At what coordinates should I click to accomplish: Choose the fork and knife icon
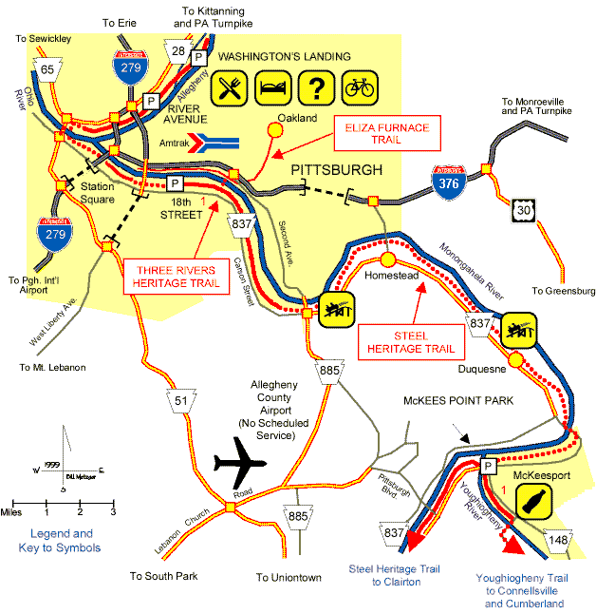click(x=226, y=88)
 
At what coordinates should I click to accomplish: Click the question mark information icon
click(x=313, y=88)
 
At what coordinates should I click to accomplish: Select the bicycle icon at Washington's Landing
click(x=358, y=88)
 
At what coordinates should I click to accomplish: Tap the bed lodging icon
click(x=270, y=88)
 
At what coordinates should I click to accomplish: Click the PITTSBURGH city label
click(x=336, y=170)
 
